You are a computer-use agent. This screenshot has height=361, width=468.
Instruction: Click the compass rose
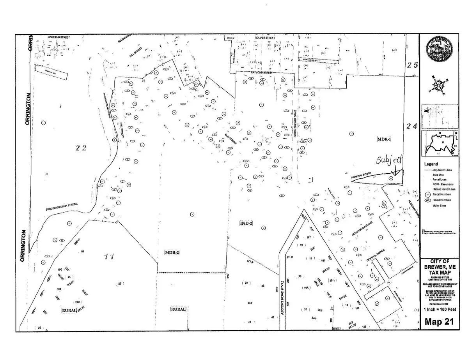[x=439, y=86]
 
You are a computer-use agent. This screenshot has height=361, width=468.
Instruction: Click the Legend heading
[x=431, y=164]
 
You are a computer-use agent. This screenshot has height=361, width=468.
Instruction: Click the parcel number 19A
[x=306, y=288]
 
